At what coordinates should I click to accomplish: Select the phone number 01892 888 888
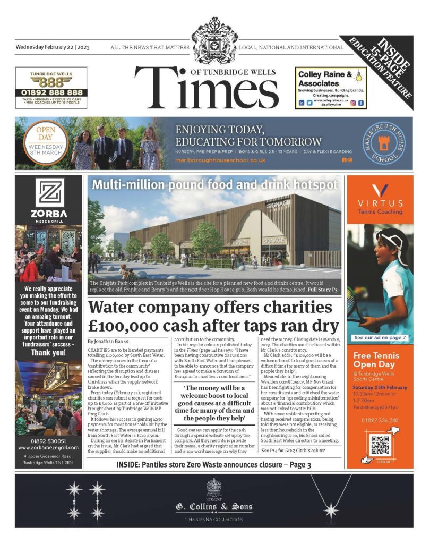click(x=51, y=92)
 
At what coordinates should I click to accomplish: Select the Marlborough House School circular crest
click(x=386, y=143)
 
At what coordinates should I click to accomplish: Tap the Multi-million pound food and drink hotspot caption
click(x=215, y=185)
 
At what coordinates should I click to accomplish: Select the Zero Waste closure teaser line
click(x=214, y=465)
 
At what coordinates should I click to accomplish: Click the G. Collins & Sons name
click(x=214, y=507)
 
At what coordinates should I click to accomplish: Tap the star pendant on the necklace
click(x=331, y=511)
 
